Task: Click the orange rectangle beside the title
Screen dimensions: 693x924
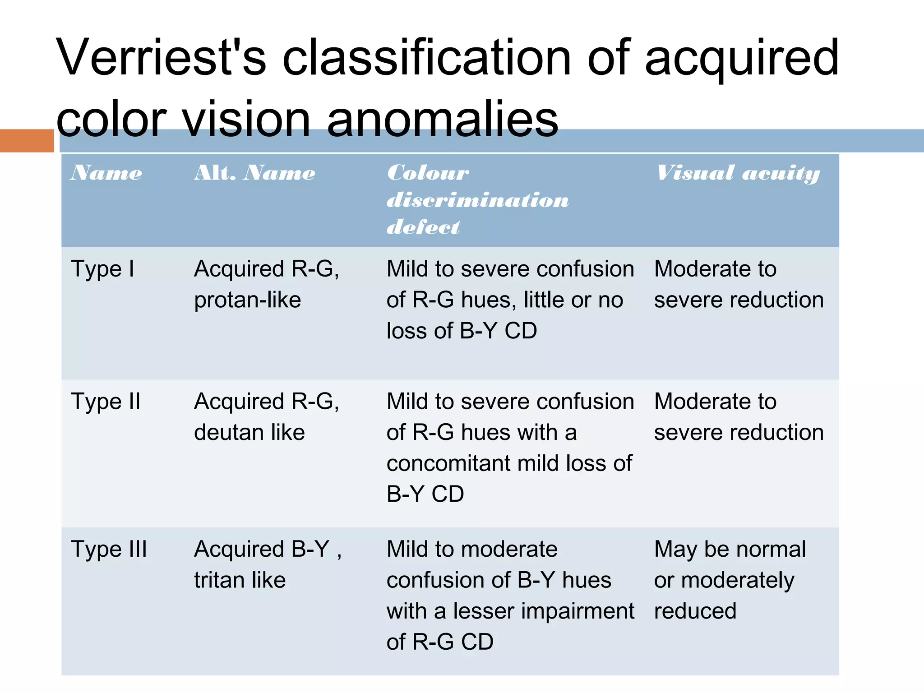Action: [27, 140]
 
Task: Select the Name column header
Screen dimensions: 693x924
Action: [106, 173]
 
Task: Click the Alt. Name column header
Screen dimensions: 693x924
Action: [255, 173]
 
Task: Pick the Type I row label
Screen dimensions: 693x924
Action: [103, 269]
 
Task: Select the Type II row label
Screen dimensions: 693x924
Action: [106, 402]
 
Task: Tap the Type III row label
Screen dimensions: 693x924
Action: [109, 549]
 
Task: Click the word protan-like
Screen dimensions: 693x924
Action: [248, 300]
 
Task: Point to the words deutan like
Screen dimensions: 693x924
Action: [249, 432]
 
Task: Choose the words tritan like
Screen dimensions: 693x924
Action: [240, 580]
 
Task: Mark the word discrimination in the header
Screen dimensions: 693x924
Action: [478, 200]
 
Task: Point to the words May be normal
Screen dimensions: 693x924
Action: [730, 550]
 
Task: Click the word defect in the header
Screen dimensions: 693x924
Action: [424, 227]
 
